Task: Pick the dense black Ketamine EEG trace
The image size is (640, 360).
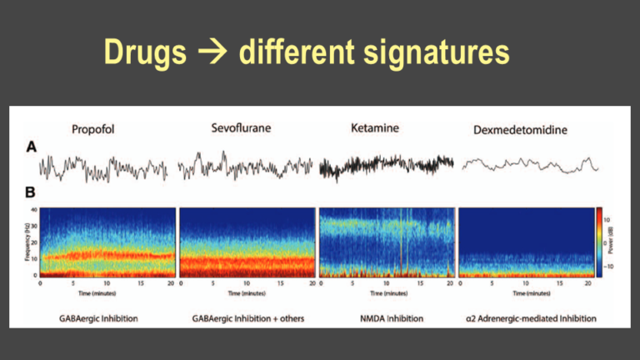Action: [x=386, y=167]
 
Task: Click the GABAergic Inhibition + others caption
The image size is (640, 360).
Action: [x=247, y=317]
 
